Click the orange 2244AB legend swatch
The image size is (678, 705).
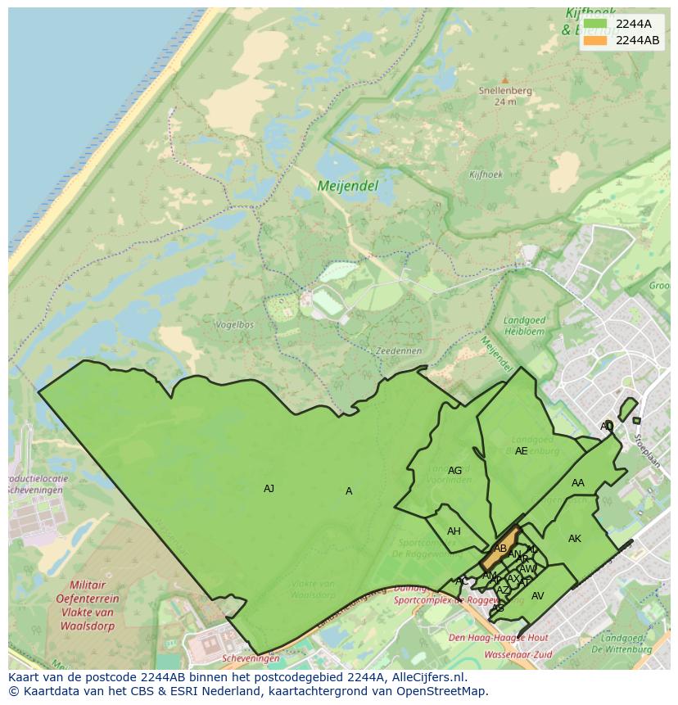(x=595, y=40)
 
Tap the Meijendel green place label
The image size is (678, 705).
(x=348, y=187)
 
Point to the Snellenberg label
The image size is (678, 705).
(x=505, y=91)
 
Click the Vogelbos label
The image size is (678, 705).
(x=234, y=325)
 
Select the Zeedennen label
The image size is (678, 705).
(x=399, y=350)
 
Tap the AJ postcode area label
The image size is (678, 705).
(x=269, y=489)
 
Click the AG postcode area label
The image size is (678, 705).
(x=455, y=471)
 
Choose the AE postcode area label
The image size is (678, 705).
(x=522, y=451)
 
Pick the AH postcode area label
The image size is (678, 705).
(x=454, y=531)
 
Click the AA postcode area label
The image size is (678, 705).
(x=578, y=483)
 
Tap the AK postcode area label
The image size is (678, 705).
(x=575, y=539)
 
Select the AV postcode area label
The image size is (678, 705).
(x=538, y=596)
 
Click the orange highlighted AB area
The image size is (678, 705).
(x=500, y=549)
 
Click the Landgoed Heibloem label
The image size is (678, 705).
(x=523, y=325)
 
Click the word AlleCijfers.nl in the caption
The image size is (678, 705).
(x=429, y=677)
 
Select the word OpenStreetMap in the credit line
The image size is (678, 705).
(x=442, y=691)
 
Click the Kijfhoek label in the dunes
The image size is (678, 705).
(x=486, y=174)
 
